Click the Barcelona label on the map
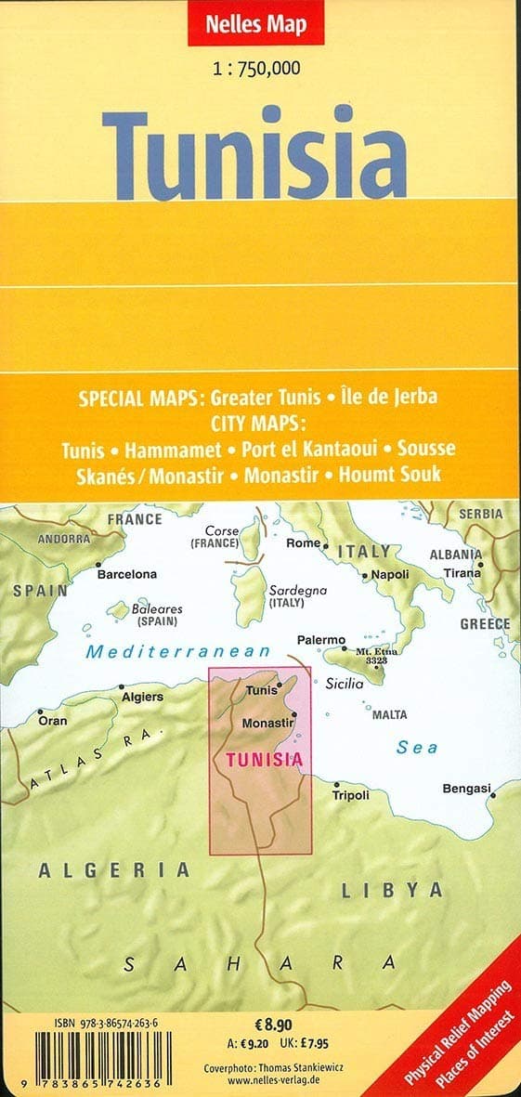[x=127, y=574]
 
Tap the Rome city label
[x=303, y=543]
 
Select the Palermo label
[x=320, y=641]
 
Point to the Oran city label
[x=52, y=720]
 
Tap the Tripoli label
[x=350, y=795]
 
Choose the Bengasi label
[x=465, y=789]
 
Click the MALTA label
[x=389, y=715]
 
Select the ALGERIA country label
[x=113, y=870]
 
